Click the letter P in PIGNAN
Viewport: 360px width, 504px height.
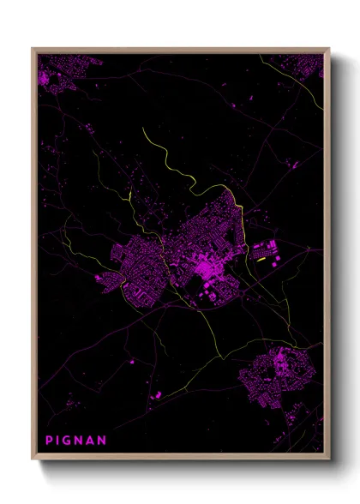pyautogui.click(x=49, y=441)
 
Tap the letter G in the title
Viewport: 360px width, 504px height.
pyautogui.click(x=68, y=441)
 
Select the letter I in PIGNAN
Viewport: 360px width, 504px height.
pyautogui.click(x=58, y=441)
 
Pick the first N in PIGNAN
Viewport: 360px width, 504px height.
pyautogui.click(x=80, y=441)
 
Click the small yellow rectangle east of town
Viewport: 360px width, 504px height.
pyautogui.click(x=260, y=255)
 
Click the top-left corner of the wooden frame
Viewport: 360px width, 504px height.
pyautogui.click(x=33, y=48)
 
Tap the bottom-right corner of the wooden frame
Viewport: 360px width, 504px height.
pyautogui.click(x=329, y=460)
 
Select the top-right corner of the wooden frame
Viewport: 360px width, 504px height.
pyautogui.click(x=329, y=48)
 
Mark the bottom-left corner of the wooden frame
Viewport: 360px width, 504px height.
pyautogui.click(x=33, y=460)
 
